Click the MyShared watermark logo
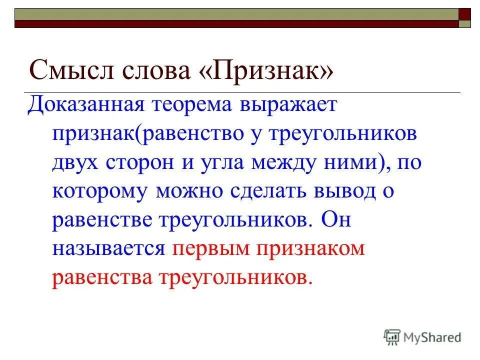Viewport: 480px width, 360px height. pos(423,337)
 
